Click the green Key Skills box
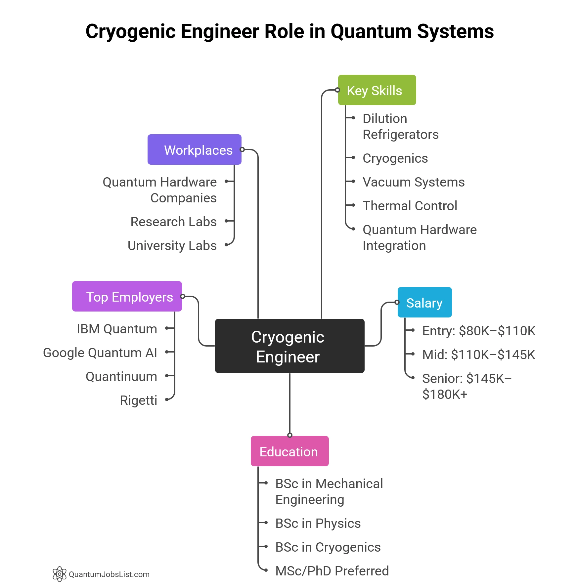[x=377, y=90]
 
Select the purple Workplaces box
[x=195, y=149]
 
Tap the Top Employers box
[x=127, y=296]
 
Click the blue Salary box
[x=424, y=302]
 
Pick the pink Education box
[x=289, y=451]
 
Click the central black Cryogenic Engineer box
[x=289, y=346]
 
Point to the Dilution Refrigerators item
[x=400, y=126]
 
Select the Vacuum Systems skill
[x=414, y=182]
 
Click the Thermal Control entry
[x=410, y=206]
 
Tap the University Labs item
[x=172, y=245]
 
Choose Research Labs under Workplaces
[x=173, y=222]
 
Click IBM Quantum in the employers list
[x=117, y=329]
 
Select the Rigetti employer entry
[x=138, y=400]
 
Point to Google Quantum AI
[x=100, y=353]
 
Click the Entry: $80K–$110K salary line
[x=478, y=331]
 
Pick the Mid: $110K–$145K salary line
[x=478, y=355]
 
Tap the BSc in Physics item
[x=318, y=523]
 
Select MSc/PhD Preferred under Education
[x=332, y=571]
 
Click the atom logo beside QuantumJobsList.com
[x=60, y=574]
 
